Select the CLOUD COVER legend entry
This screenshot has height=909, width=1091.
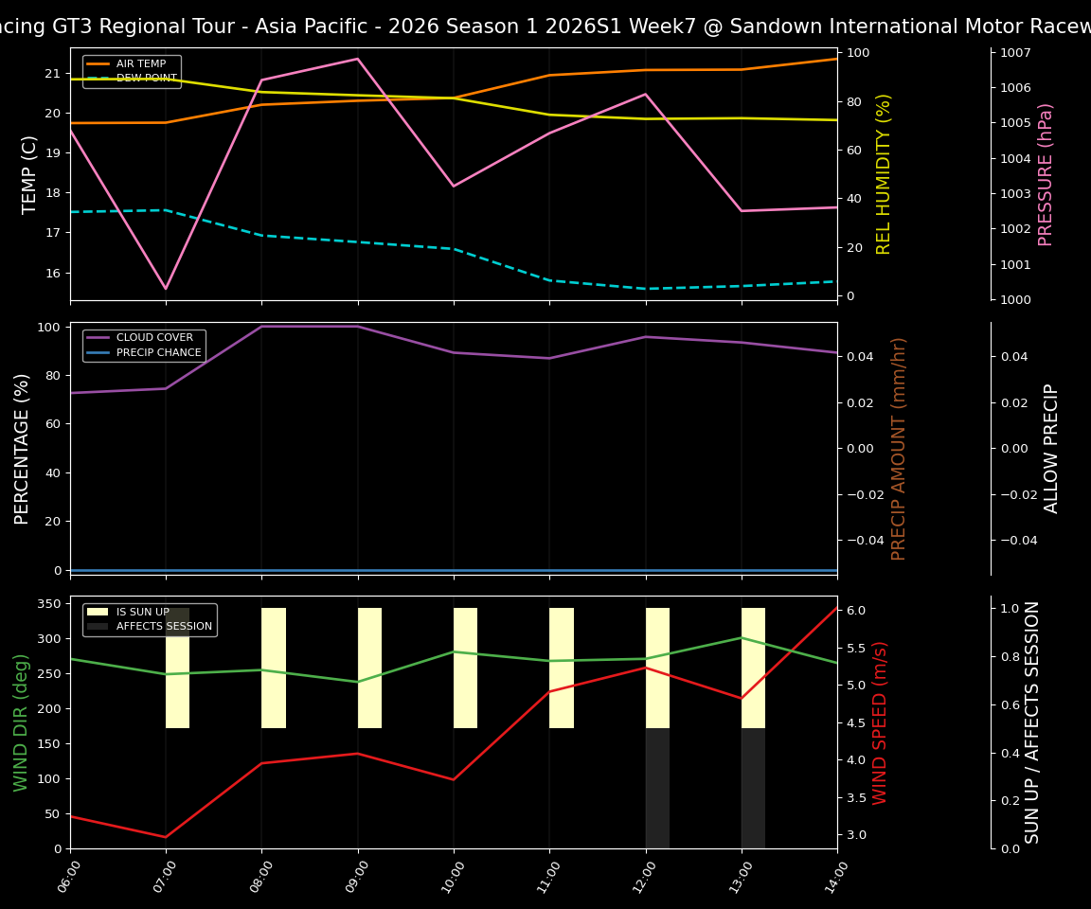[154, 338]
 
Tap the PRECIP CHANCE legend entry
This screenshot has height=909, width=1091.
[158, 353]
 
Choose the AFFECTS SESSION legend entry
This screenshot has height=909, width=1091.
[164, 626]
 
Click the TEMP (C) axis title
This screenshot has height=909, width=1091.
[30, 174]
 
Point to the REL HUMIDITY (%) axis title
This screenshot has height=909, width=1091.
[885, 174]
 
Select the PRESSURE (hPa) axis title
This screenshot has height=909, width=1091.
[1046, 174]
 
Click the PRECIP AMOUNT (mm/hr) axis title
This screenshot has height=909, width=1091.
[899, 448]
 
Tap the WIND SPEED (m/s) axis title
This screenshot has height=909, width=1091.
[881, 722]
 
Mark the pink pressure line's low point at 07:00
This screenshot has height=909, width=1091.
[166, 289]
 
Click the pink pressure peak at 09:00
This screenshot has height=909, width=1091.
[358, 59]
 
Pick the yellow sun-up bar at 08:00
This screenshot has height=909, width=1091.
[274, 668]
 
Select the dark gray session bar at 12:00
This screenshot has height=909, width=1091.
[657, 788]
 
